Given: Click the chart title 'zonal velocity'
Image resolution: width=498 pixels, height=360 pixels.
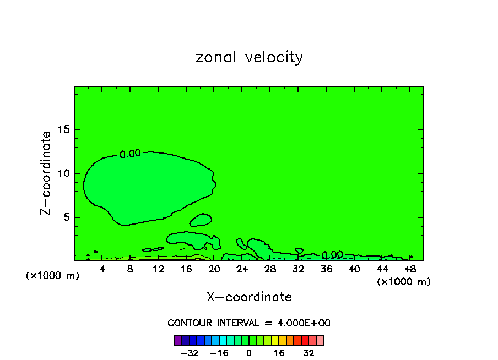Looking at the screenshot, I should coord(249,57).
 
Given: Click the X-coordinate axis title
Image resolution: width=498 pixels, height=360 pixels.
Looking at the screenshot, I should coord(249,297).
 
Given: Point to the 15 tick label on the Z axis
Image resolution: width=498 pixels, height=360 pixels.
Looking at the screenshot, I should coord(64,129).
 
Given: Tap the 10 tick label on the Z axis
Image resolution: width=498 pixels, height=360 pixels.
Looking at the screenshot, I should coord(64,173).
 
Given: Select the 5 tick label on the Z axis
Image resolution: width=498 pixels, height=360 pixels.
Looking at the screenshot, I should coord(67,217).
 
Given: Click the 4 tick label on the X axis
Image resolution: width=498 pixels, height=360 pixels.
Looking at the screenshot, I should coord(102,269).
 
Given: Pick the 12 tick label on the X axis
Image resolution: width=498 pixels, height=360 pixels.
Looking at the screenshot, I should coord(158,269).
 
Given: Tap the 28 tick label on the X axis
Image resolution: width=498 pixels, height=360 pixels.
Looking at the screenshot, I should coord(270,269).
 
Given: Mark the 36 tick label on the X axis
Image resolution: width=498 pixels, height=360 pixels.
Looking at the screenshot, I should coord(326,269).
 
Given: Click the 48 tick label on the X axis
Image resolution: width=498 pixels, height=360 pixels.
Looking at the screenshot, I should coord(409,269).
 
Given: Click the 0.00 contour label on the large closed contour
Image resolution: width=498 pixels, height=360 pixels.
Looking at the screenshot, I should coord(131,154).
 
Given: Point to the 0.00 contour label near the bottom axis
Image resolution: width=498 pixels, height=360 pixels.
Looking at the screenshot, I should coord(332,255).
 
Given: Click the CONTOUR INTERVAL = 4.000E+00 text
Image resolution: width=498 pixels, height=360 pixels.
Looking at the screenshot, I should coord(249,323).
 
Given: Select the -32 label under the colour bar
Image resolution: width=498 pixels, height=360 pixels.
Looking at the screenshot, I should coord(190,353).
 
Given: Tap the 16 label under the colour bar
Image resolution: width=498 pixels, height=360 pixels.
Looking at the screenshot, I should coord(279,353).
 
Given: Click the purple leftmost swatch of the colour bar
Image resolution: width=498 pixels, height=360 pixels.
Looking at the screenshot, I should coord(177,340).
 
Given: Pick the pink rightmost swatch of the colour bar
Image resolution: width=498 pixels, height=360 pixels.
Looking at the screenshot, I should coord(320,340).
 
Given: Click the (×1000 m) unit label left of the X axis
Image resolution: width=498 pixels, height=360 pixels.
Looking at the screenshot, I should coord(53,276).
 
